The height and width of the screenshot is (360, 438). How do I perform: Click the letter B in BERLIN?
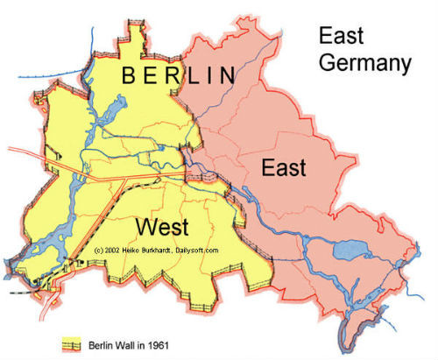coord(129,75)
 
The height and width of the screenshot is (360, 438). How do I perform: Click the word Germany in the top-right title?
coord(364,63)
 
